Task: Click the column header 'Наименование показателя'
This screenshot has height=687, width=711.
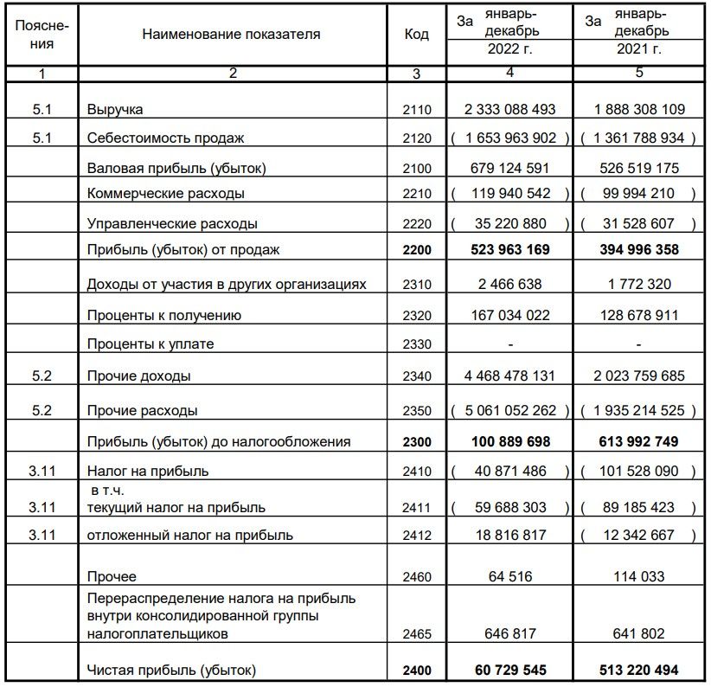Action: [231, 35]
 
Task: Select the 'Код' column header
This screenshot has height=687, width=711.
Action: [416, 35]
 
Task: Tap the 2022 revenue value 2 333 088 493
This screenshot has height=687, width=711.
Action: [509, 110]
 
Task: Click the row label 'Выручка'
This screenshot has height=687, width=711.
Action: [115, 110]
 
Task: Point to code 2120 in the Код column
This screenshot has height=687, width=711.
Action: [416, 138]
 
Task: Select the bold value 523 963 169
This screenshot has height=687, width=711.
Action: [509, 251]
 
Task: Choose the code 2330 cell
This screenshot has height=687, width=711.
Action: [416, 344]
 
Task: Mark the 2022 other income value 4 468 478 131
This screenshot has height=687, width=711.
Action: [509, 376]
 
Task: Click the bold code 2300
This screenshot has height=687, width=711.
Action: [416, 442]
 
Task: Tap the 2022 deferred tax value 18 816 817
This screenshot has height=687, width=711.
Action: [509, 536]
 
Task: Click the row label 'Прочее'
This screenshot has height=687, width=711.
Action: [112, 576]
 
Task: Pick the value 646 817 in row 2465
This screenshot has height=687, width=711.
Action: [509, 634]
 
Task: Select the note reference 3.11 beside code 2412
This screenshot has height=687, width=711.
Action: [41, 536]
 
